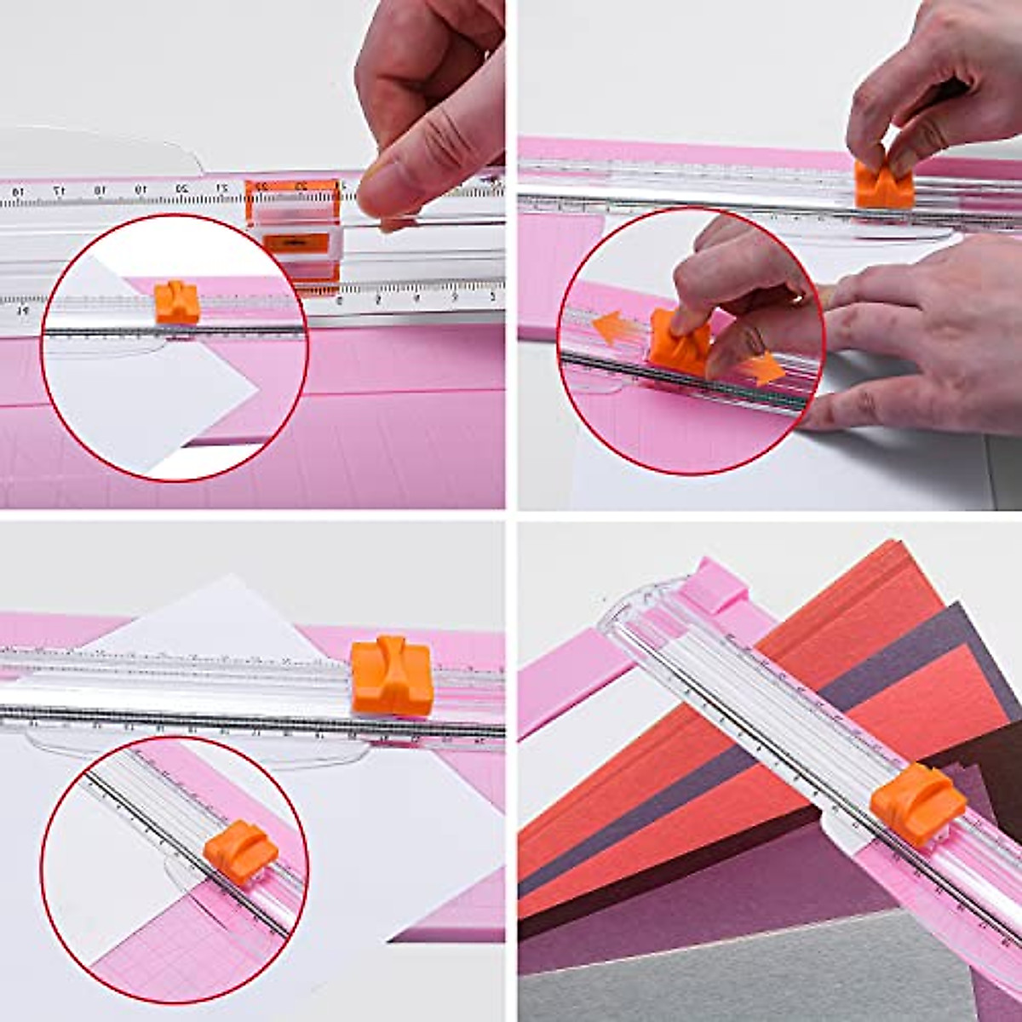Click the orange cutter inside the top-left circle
[176, 301]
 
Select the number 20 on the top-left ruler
[181, 189]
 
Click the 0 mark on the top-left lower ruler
[340, 300]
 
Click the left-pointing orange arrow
[610, 327]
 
